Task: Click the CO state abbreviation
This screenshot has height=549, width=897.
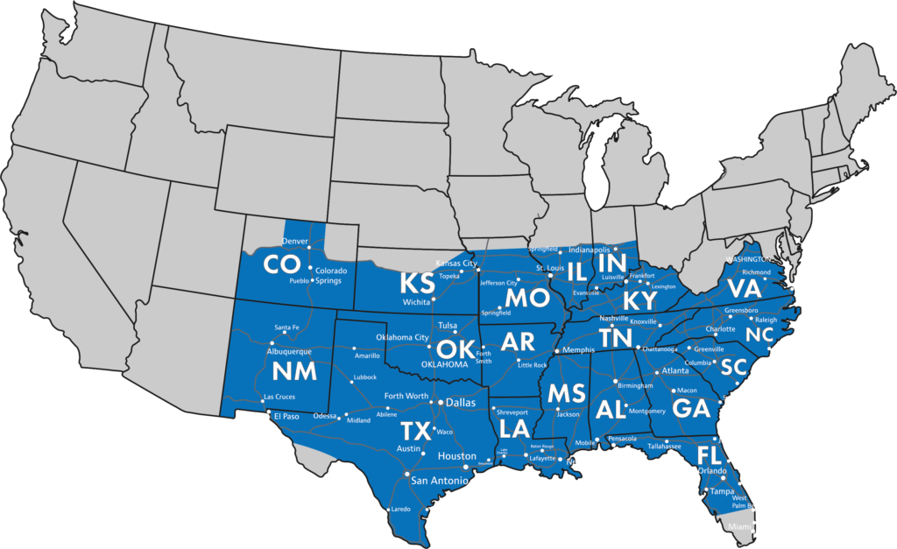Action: (282, 264)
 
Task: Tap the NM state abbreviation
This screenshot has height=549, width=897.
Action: (294, 371)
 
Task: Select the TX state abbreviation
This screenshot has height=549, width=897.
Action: (417, 431)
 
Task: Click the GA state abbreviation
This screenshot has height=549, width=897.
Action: (691, 408)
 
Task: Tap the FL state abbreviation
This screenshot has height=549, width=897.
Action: (709, 454)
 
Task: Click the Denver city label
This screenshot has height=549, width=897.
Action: (294, 241)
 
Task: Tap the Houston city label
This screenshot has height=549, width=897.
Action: (456, 456)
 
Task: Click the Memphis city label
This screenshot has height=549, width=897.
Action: (579, 349)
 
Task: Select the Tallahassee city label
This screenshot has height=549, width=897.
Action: (665, 446)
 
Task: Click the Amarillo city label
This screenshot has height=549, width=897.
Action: (366, 355)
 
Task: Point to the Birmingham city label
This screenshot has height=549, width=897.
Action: (635, 385)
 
